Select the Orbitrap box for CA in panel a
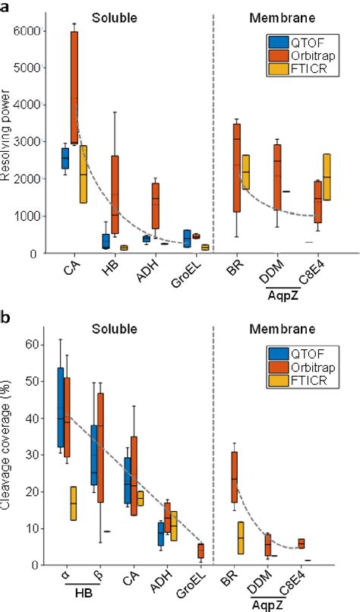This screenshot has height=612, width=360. tap(74, 87)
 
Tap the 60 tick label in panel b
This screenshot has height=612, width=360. tap(30, 345)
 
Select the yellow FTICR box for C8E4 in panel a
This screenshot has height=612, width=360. tap(326, 177)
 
